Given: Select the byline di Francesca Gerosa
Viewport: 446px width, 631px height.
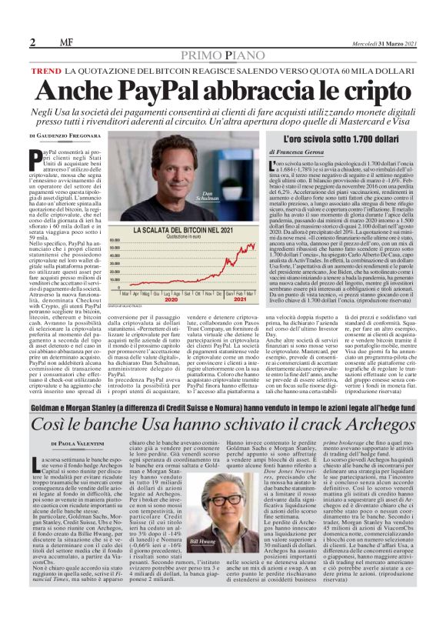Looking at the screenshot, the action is point(303,153).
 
